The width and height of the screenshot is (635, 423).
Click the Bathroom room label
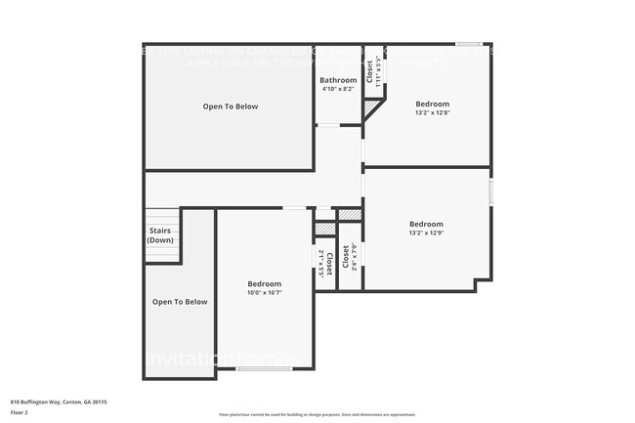(339, 80)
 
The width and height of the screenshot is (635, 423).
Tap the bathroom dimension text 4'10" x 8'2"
(339, 89)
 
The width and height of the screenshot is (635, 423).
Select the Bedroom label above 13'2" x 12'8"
(432, 104)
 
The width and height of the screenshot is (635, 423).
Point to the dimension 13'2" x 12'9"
(426, 233)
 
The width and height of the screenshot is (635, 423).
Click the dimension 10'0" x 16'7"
(264, 292)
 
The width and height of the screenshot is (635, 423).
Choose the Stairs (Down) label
(160, 235)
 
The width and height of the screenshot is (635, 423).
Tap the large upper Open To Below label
(231, 106)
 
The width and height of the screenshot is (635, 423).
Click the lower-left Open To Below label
(180, 302)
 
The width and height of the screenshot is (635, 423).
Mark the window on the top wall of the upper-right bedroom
(469, 44)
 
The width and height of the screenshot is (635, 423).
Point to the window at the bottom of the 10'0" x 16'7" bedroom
(264, 368)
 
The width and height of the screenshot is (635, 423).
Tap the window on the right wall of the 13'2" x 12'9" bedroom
(489, 190)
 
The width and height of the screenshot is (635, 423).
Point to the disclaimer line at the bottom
(317, 414)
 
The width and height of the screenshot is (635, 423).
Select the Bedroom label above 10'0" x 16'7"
(264, 283)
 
